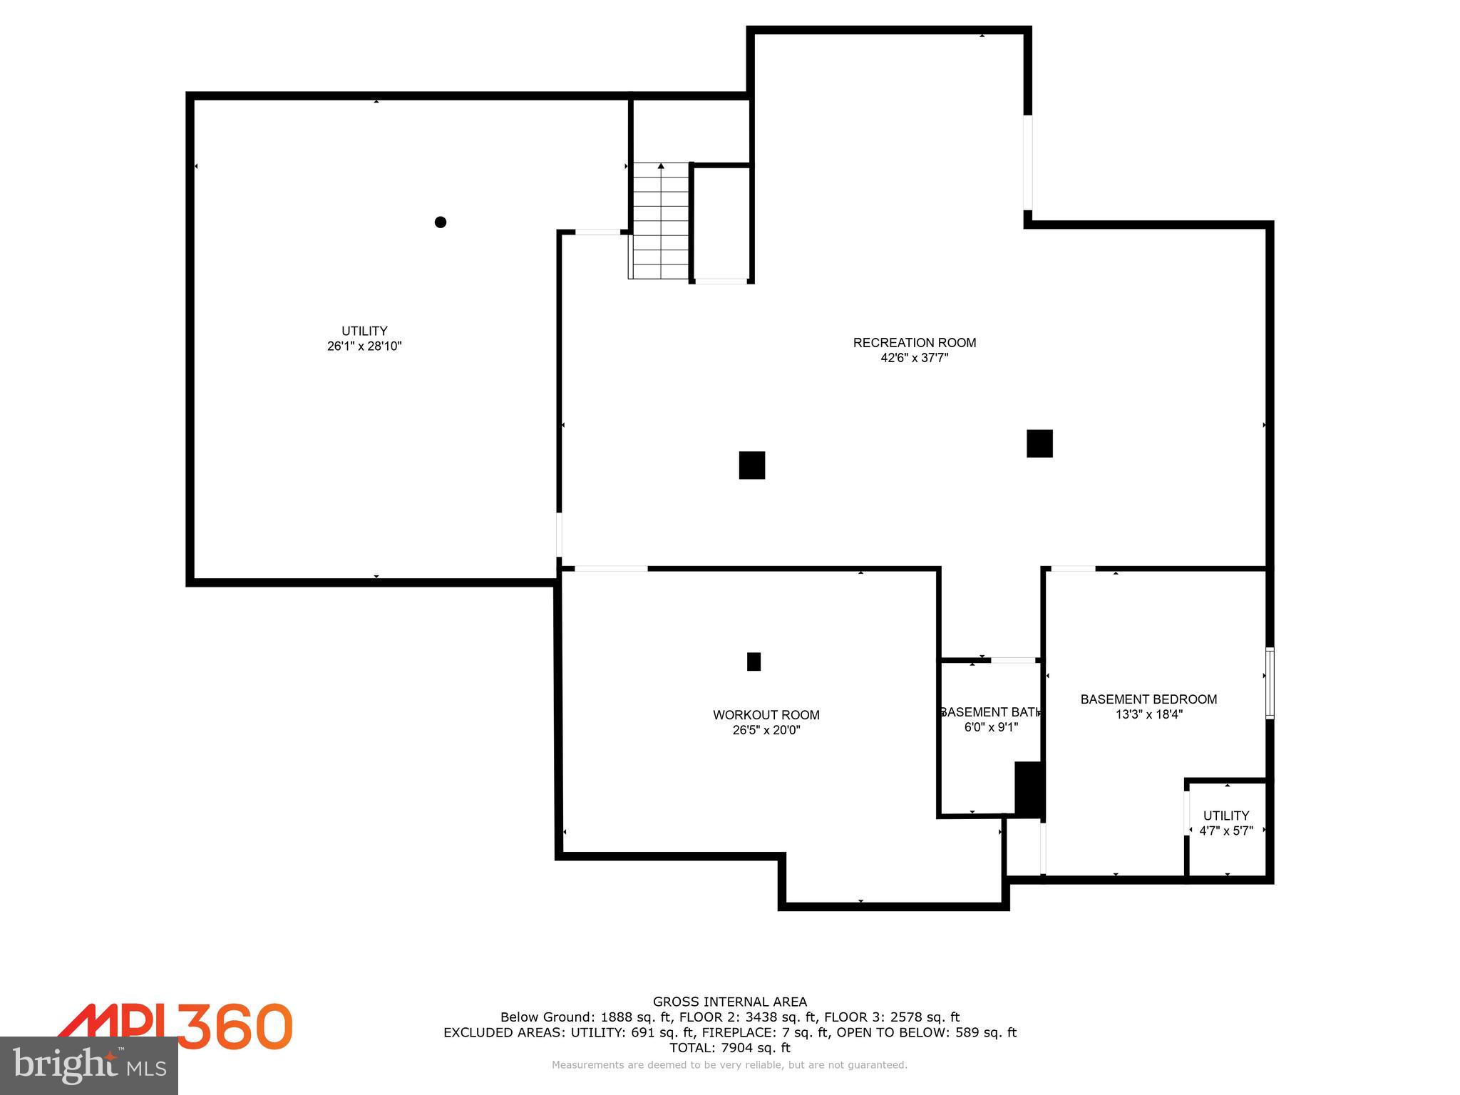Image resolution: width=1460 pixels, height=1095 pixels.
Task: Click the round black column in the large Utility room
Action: [x=441, y=222]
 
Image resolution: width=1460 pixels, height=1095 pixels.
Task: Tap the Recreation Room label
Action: [x=914, y=343]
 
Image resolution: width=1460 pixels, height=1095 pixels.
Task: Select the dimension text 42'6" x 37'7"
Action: [x=914, y=359]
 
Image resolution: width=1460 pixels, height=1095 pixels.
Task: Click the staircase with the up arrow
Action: [x=661, y=221]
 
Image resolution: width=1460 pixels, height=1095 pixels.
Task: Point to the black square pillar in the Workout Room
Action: [x=754, y=662]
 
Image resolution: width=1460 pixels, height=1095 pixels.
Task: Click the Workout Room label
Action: [x=766, y=715]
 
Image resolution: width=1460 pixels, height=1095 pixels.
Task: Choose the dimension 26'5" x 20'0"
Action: [x=766, y=731]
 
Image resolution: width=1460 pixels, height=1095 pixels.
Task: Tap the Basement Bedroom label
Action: [x=1148, y=699]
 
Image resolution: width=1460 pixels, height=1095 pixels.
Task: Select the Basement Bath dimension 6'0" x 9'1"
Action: [x=991, y=728]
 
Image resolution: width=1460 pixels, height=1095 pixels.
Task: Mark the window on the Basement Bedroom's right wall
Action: [x=1270, y=683]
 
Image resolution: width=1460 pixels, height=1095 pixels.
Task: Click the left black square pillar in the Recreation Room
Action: [x=752, y=466]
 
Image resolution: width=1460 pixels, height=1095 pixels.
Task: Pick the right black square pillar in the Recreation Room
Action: [x=1039, y=443]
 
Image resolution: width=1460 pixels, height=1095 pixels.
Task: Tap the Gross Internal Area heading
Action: [x=730, y=1002]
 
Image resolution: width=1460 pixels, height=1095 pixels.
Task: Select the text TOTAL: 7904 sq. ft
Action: [x=730, y=1048]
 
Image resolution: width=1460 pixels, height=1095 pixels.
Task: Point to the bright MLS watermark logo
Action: [x=88, y=1065]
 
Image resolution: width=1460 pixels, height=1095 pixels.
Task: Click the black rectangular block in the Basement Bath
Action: [x=1029, y=789]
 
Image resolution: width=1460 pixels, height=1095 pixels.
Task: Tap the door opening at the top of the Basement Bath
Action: [x=1013, y=660]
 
